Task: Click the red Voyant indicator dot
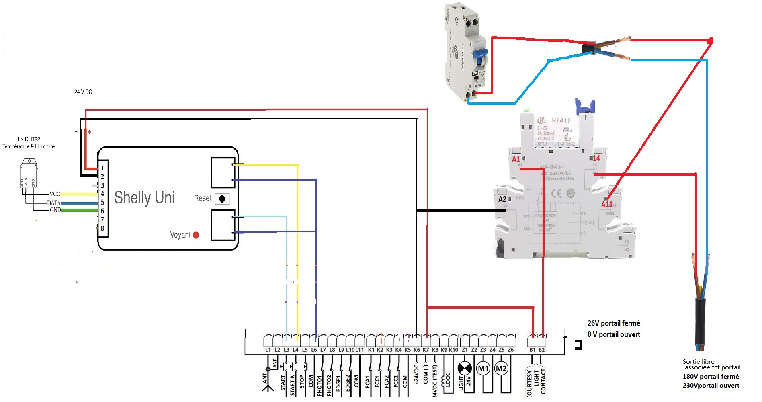[x=196, y=235]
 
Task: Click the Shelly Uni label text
[x=144, y=197]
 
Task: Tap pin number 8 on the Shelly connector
[x=102, y=228]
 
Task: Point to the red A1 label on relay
[x=516, y=159]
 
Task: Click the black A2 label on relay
[x=502, y=199]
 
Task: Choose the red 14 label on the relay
[x=596, y=158]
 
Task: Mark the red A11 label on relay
[x=606, y=204]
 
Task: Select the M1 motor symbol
[x=483, y=368]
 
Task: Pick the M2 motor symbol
[x=501, y=368]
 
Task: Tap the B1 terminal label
[x=532, y=350]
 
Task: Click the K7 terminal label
[x=426, y=350]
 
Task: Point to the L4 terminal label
[x=295, y=350]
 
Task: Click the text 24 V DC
[x=83, y=92]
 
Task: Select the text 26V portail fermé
[x=614, y=323]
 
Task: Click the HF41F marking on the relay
[x=561, y=120]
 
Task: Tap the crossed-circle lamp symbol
[x=465, y=368]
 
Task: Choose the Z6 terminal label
[x=510, y=350]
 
